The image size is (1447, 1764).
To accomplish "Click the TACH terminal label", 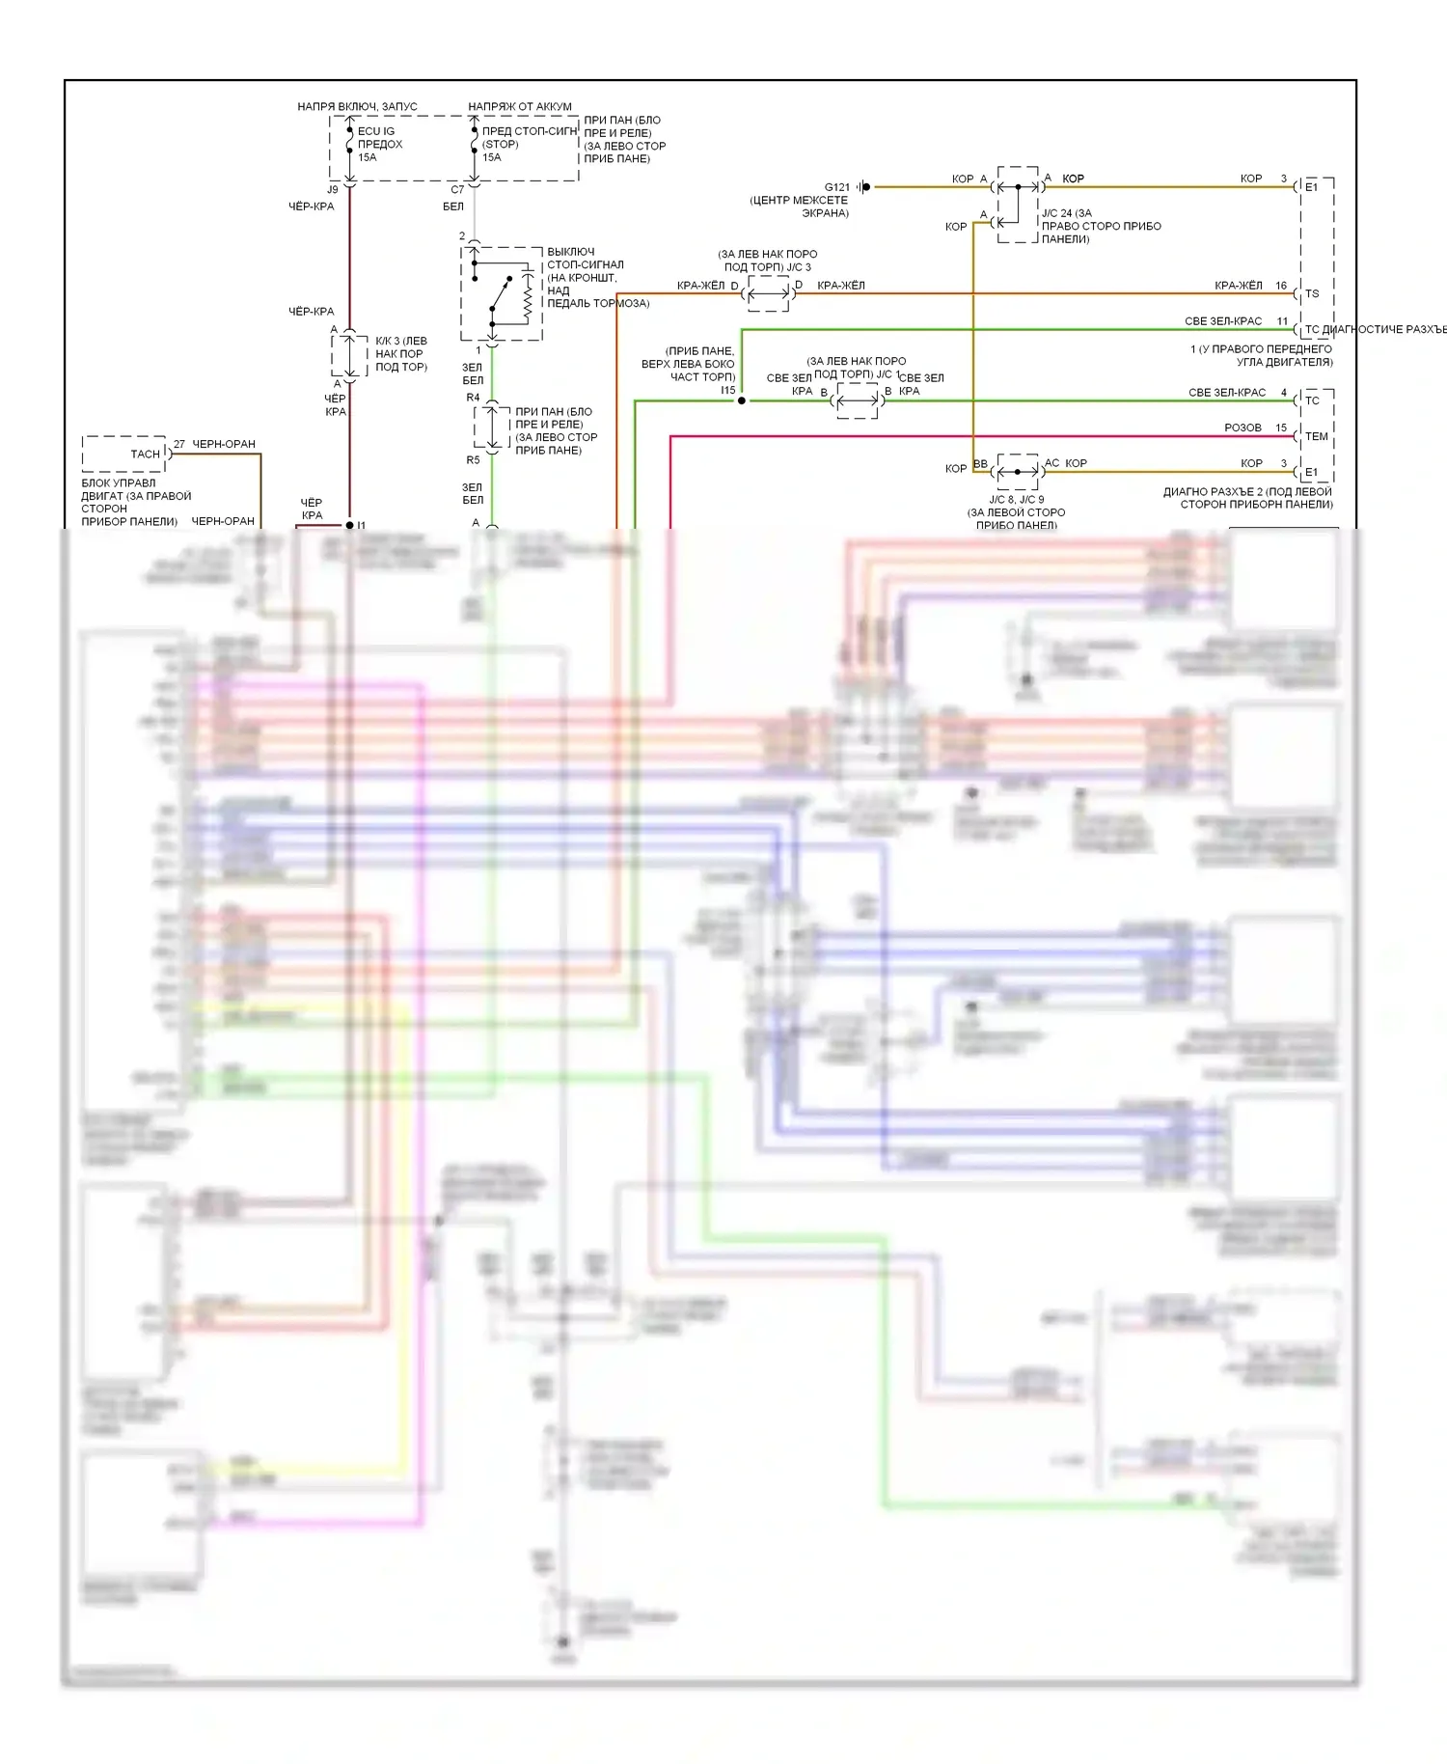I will click(x=145, y=454).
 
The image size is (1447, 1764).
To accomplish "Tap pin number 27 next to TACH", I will click(x=179, y=444).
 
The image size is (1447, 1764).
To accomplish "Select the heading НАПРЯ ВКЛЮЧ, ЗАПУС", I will click(x=357, y=106).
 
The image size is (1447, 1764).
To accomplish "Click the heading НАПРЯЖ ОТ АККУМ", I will click(x=520, y=106).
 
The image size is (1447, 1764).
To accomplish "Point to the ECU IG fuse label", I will click(x=376, y=131).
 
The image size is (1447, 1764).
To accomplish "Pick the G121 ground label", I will click(x=836, y=187).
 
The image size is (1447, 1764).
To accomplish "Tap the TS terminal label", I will click(x=1312, y=293).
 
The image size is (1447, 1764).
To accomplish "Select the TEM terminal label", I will click(x=1316, y=436).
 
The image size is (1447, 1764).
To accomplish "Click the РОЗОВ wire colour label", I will click(x=1242, y=427).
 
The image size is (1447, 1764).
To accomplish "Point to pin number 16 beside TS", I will click(x=1281, y=286).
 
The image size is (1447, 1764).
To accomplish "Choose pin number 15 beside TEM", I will click(x=1281, y=427).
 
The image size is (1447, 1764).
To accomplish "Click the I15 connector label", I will click(x=727, y=390).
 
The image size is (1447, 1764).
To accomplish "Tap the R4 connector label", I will click(x=473, y=398).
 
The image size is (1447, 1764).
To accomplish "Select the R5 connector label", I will click(x=473, y=460).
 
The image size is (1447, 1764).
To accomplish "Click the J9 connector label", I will click(x=333, y=190).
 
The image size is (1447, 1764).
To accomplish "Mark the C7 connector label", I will click(x=457, y=190).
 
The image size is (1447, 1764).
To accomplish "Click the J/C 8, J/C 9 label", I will click(x=1016, y=500).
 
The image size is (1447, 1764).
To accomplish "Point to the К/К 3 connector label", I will click(x=400, y=341).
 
